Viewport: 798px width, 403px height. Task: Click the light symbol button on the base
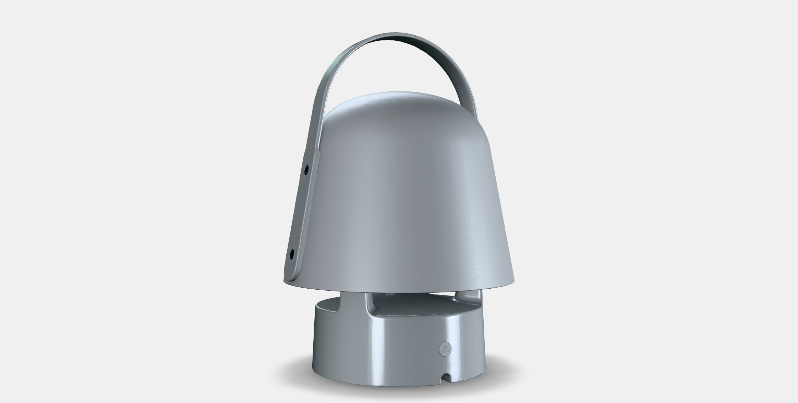click(x=445, y=349)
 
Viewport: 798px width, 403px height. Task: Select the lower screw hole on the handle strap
click(x=292, y=254)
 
